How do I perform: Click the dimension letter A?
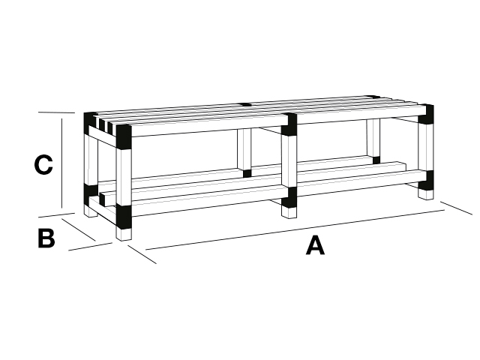(x=315, y=245)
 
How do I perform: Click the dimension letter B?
(x=46, y=238)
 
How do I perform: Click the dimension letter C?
(x=43, y=165)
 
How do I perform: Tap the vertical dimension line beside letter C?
(x=62, y=163)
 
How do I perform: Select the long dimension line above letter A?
(x=295, y=229)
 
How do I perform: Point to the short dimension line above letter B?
(x=79, y=229)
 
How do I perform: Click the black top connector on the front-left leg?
(x=124, y=136)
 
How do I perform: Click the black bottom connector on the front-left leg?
(x=124, y=217)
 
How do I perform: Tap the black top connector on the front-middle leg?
(x=289, y=124)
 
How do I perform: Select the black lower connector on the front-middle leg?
(x=289, y=197)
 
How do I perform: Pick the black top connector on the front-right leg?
(x=426, y=114)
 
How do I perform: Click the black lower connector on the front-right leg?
(x=426, y=181)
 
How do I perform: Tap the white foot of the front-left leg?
(x=124, y=235)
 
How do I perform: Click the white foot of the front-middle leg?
(x=289, y=213)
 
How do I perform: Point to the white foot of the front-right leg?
(x=426, y=195)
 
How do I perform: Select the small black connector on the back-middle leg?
(x=247, y=173)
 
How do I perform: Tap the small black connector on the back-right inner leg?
(x=376, y=160)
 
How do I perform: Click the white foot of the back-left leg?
(x=91, y=211)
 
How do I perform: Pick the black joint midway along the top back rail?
(x=245, y=104)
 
